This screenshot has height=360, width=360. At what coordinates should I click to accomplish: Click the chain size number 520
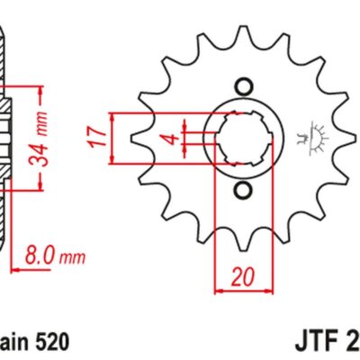(x=45, y=342)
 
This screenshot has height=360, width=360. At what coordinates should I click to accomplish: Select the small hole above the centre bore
(x=243, y=87)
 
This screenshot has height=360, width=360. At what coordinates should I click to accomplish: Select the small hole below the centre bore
(x=243, y=192)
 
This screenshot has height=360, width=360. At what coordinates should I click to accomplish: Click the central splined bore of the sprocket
(x=243, y=139)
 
